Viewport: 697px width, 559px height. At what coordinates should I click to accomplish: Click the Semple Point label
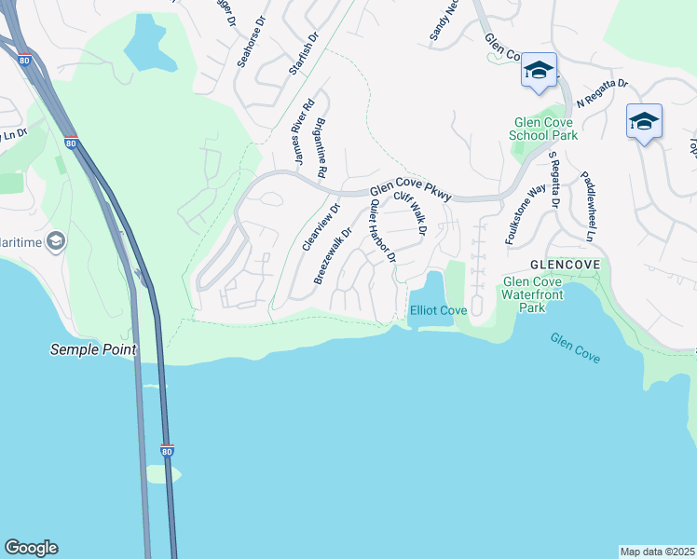[x=93, y=350]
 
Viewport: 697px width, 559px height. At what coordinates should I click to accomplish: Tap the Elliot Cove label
[x=438, y=310]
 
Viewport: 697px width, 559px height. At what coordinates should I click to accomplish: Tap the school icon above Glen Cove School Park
[x=539, y=71]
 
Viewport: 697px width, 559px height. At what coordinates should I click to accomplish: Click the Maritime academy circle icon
[x=56, y=242]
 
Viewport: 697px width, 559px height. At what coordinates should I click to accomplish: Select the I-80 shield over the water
[x=167, y=451]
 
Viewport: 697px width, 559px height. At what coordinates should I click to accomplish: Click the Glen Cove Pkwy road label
[x=410, y=191]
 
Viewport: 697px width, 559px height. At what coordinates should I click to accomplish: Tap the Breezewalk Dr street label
[x=333, y=256]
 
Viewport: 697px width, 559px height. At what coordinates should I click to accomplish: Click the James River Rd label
[x=303, y=135]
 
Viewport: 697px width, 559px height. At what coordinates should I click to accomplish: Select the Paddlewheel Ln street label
[x=587, y=206]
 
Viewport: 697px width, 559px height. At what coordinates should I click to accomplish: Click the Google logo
[x=31, y=548]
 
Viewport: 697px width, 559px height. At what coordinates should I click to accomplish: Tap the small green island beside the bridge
[x=161, y=474]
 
